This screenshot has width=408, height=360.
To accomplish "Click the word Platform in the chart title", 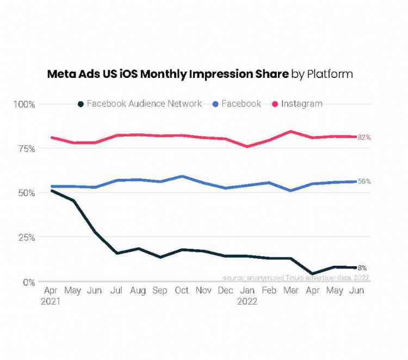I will pyautogui.click(x=330, y=74).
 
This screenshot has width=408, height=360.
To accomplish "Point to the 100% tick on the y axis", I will pyautogui.click(x=24, y=104).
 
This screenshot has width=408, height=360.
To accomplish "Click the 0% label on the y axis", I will pyautogui.click(x=28, y=282).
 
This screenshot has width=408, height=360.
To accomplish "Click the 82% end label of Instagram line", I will pyautogui.click(x=364, y=137).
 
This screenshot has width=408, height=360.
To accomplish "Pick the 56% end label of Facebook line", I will pyautogui.click(x=364, y=181).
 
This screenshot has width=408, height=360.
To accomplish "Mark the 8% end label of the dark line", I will pyautogui.click(x=362, y=268).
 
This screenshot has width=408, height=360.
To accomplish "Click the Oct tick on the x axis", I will pyautogui.click(x=182, y=291).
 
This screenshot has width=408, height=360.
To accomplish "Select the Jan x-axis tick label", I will pyautogui.click(x=247, y=291).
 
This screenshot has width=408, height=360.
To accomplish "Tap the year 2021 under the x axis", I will pyautogui.click(x=51, y=301).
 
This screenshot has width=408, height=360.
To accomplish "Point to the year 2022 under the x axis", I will pyautogui.click(x=247, y=301).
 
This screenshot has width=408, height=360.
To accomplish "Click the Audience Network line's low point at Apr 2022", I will pyautogui.click(x=313, y=274).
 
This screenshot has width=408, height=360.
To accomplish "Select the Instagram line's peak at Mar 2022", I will pyautogui.click(x=291, y=131).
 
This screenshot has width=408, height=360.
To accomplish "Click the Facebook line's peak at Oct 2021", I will pyautogui.click(x=182, y=176).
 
